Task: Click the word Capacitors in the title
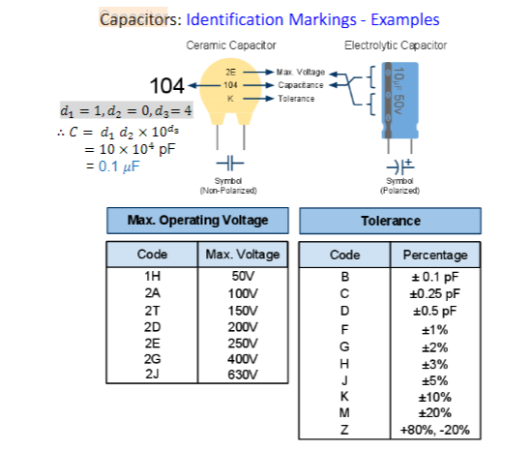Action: [140, 19]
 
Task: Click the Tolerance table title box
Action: [390, 220]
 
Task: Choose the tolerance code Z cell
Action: [344, 430]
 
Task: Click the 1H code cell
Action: [152, 276]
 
